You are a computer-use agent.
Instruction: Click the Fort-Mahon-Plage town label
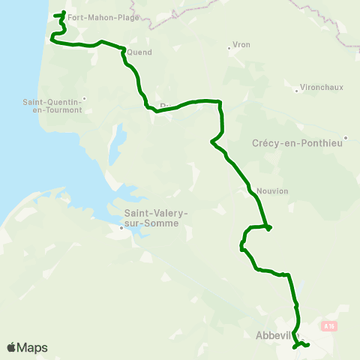point(103,16)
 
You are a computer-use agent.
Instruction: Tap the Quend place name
point(140,52)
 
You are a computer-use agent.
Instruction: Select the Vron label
point(241,45)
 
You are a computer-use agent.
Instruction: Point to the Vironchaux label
point(321,87)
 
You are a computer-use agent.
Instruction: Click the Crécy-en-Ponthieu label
point(298,143)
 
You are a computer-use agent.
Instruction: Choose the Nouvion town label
point(271,190)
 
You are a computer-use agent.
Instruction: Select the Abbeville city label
point(273,335)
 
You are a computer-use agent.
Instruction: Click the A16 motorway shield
point(327,325)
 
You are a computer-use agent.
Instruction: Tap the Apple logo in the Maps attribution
point(11,347)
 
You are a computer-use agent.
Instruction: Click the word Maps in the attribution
point(32,347)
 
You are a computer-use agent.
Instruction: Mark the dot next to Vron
point(229,50)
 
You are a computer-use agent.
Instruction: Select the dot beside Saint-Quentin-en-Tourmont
point(85,98)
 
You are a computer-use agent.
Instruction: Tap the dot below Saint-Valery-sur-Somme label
point(121,228)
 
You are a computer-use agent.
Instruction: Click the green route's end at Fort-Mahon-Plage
point(63,13)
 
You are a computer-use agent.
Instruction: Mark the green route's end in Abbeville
point(308,344)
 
